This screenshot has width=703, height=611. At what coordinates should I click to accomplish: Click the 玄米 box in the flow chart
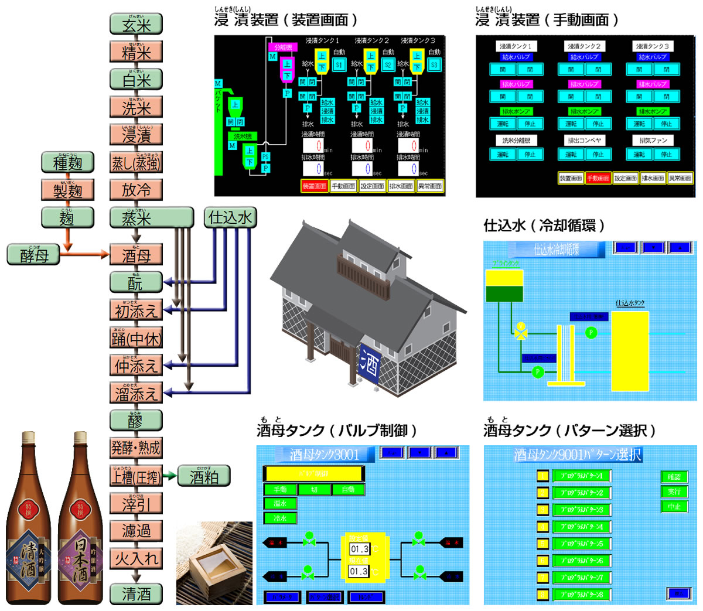136,25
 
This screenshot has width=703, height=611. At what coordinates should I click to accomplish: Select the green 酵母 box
34,255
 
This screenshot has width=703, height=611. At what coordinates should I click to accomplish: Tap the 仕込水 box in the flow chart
230,218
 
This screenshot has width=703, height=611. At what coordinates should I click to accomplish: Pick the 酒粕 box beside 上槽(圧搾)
204,476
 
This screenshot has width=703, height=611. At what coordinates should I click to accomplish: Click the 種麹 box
67,162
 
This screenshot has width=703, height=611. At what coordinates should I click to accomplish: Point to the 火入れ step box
136,558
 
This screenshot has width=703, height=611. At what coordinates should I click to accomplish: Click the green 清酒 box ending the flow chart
136,594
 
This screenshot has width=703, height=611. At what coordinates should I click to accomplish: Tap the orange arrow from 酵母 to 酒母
88,254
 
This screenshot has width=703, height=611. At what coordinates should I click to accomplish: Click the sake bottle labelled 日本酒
80,521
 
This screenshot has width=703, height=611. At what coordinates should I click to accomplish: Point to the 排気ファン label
653,141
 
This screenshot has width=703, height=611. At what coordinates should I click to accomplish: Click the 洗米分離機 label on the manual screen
516,141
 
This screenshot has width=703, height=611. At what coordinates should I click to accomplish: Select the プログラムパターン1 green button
582,476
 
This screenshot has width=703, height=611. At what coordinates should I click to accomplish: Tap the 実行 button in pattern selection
674,491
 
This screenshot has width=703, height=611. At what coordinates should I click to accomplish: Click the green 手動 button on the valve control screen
280,489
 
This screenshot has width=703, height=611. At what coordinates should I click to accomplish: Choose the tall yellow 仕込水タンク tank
630,351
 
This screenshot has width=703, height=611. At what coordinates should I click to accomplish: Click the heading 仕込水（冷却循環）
544,226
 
